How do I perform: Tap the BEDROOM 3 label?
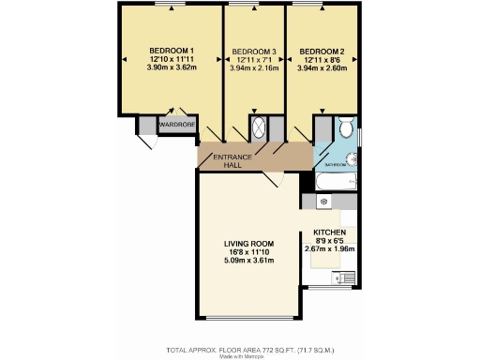[x=253, y=50]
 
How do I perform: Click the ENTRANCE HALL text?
[x=229, y=160]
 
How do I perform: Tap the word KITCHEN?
[x=330, y=232]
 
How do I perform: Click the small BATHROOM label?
[x=335, y=164]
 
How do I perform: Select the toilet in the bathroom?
[x=345, y=127]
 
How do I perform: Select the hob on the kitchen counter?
[x=323, y=201]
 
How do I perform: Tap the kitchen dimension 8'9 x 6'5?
[x=330, y=240]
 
